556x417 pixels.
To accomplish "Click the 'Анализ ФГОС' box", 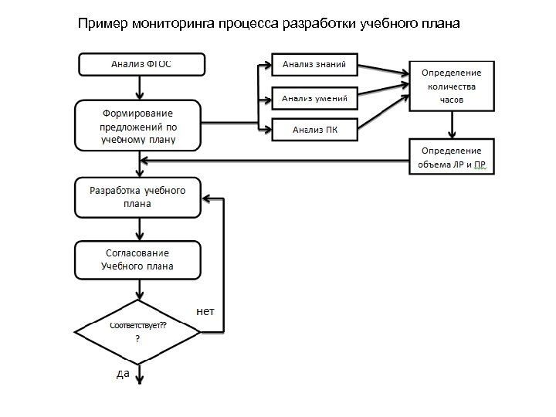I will click(141, 63).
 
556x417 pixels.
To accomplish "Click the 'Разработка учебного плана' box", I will click(137, 198).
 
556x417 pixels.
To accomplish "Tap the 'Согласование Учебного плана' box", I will click(137, 259).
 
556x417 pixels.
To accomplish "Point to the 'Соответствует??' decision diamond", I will click(138, 332).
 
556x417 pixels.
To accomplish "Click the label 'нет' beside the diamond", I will click(206, 311).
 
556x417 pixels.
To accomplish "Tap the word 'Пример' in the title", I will click(103, 24).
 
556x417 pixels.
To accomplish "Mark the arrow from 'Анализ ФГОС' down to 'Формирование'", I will click(139, 87).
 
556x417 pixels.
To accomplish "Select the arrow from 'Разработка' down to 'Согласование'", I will click(139, 229).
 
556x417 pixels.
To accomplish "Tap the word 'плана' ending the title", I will click(441, 24).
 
